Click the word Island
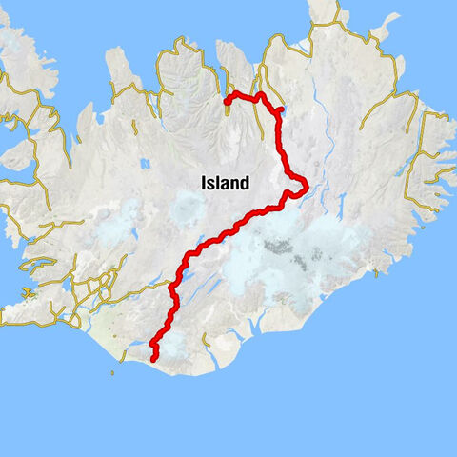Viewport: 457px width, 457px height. point(225,183)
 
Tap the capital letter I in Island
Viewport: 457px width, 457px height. point(204,183)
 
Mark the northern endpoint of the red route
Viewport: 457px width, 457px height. point(226,100)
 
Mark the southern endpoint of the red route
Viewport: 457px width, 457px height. point(154,359)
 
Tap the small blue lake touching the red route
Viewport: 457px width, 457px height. point(280,110)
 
